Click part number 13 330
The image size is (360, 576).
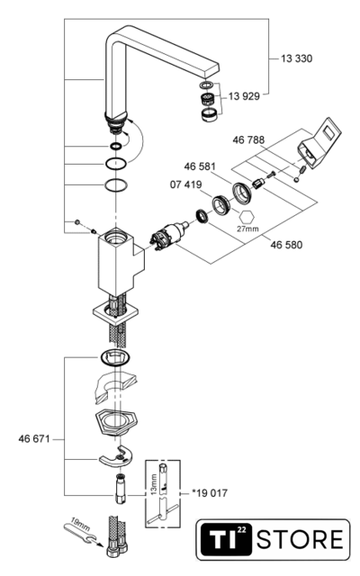(x=296, y=58)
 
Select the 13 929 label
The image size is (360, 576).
(x=244, y=96)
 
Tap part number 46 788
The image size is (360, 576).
(x=248, y=140)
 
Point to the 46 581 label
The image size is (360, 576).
(x=200, y=166)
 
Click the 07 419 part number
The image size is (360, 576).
(x=186, y=184)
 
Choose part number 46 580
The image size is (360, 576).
(x=286, y=245)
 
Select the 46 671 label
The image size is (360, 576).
(x=34, y=439)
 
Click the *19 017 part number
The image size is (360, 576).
(x=210, y=493)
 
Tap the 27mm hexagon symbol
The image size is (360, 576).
(x=247, y=218)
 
